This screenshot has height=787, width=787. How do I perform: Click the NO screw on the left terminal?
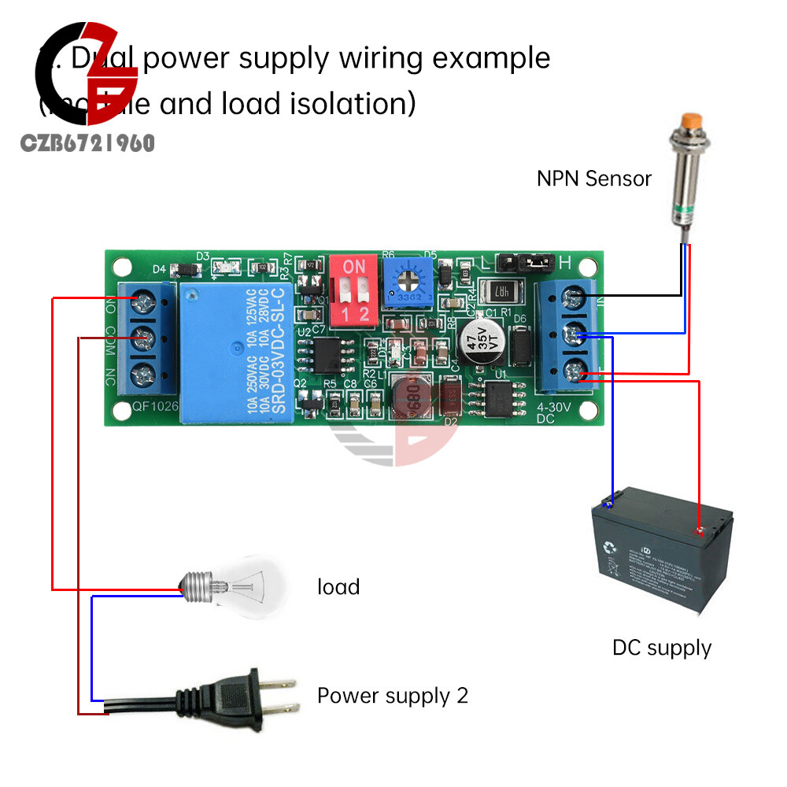tap(144, 301)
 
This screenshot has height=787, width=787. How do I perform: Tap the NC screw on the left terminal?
tap(144, 373)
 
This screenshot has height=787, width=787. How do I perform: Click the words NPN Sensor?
tap(594, 179)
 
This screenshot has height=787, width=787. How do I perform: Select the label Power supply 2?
tap(392, 696)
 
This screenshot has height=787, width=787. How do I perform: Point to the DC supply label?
tap(661, 648)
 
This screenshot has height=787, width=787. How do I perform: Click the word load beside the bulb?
tap(338, 587)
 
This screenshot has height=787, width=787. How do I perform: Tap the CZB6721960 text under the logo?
tap(88, 143)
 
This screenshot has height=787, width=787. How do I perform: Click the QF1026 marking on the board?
tap(155, 408)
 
